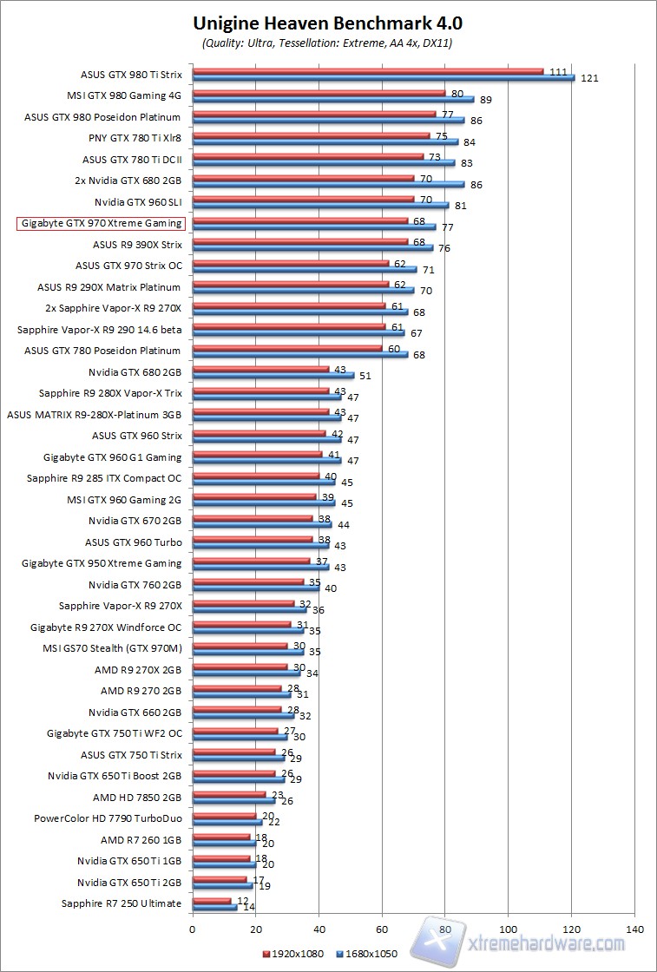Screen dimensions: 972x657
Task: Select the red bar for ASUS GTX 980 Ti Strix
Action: [367, 71]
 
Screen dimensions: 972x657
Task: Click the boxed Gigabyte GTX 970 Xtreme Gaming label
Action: [100, 223]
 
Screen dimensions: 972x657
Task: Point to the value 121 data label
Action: [589, 79]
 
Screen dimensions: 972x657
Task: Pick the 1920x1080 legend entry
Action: [292, 954]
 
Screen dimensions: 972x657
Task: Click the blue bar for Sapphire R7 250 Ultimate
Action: [214, 907]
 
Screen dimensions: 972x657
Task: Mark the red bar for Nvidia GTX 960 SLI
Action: [303, 199]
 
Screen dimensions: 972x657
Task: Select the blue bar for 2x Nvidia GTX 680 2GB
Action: [328, 184]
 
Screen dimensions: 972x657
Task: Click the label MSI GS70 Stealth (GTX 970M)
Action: [112, 648]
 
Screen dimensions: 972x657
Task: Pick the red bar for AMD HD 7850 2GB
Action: [228, 793]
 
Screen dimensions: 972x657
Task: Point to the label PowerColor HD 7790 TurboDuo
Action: [108, 818]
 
